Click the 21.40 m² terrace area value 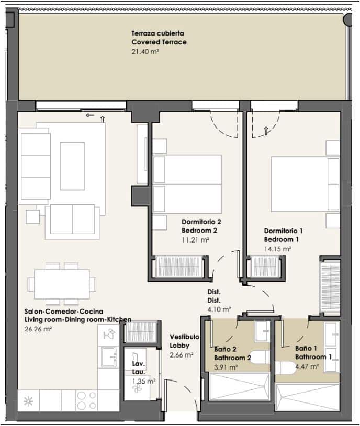pyautogui.click(x=145, y=51)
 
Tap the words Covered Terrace pyautogui.click(x=159, y=42)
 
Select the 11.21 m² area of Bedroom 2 pyautogui.click(x=195, y=239)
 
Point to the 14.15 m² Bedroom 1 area pyautogui.click(x=278, y=249)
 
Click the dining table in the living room pyautogui.click(x=62, y=284)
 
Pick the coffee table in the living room pyautogui.click(x=72, y=166)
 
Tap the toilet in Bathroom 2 pyautogui.click(x=261, y=357)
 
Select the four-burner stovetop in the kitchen pyautogui.click(x=87, y=400)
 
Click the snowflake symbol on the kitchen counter pyautogui.click(x=28, y=401)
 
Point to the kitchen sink pyautogui.click(x=109, y=357)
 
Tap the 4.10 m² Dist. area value pyautogui.click(x=219, y=309)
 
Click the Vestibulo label pyautogui.click(x=184, y=337)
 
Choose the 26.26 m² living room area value pyautogui.click(x=38, y=329)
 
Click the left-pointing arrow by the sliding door pyautogui.click(x=89, y=116)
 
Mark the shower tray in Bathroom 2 pyautogui.click(x=239, y=387)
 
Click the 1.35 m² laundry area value pyautogui.click(x=144, y=381)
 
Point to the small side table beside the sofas pyautogui.click(x=32, y=217)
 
